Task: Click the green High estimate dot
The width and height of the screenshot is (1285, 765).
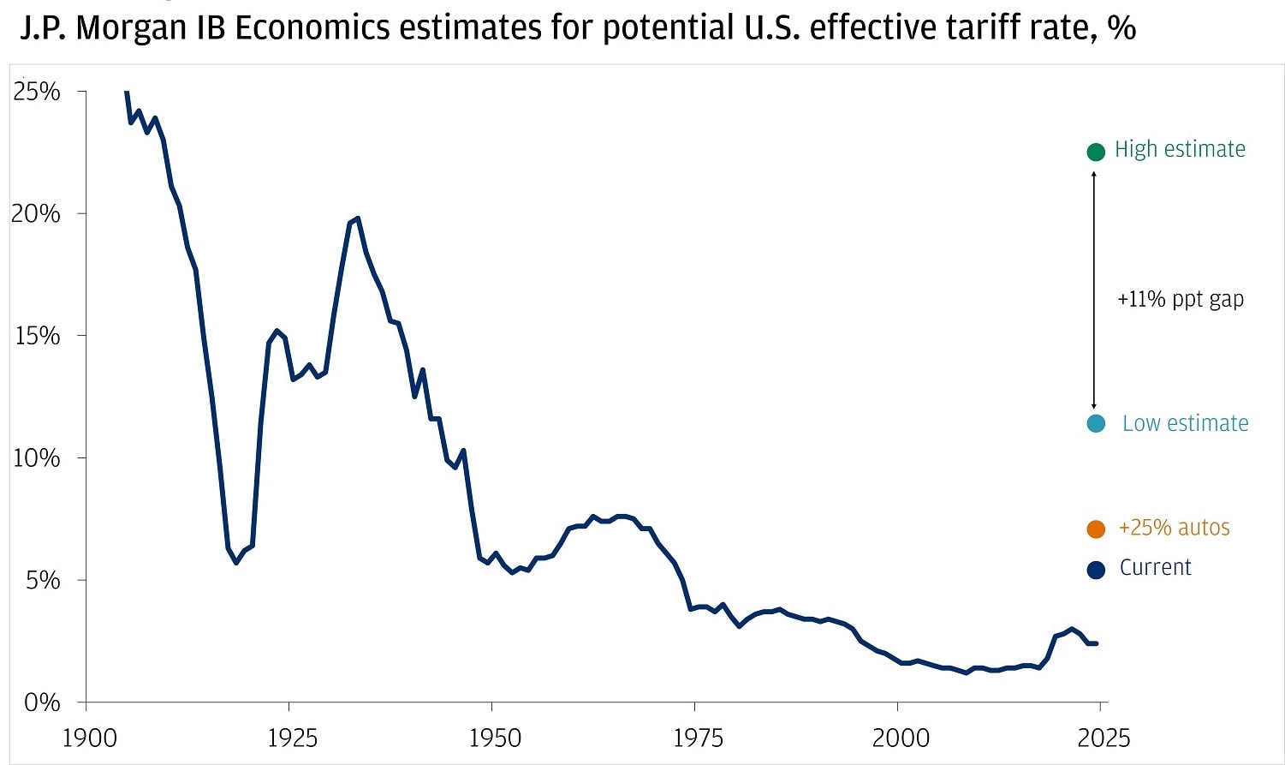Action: pyautogui.click(x=1095, y=152)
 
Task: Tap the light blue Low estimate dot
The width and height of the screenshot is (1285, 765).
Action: pyautogui.click(x=1096, y=423)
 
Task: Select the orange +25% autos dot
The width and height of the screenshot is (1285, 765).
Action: pyautogui.click(x=1096, y=529)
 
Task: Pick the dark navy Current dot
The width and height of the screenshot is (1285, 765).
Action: pyautogui.click(x=1096, y=570)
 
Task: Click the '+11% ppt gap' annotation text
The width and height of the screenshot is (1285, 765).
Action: pyautogui.click(x=1180, y=299)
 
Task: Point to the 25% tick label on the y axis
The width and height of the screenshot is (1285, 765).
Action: pyautogui.click(x=37, y=92)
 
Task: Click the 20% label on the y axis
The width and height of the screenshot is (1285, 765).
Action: pyautogui.click(x=36, y=213)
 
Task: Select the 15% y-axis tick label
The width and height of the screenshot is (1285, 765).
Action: pyautogui.click(x=37, y=336)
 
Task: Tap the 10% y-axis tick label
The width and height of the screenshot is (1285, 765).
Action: pyautogui.click(x=37, y=458)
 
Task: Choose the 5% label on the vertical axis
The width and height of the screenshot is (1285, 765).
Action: pyautogui.click(x=42, y=581)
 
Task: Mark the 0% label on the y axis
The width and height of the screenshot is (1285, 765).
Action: pyautogui.click(x=42, y=703)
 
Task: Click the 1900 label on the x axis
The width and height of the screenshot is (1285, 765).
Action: pyautogui.click(x=89, y=738)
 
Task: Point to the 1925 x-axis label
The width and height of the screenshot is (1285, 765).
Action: pyautogui.click(x=292, y=738)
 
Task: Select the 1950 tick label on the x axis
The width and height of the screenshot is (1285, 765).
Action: pyautogui.click(x=495, y=738)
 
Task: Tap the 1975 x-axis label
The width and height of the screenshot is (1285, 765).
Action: pyautogui.click(x=698, y=738)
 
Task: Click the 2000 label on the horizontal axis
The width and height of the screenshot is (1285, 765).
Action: pyautogui.click(x=901, y=738)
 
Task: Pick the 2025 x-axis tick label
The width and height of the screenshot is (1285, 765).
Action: pyautogui.click(x=1103, y=738)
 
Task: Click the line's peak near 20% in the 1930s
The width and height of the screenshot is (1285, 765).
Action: pyautogui.click(x=357, y=218)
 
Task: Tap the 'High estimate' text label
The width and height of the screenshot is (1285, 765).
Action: pyautogui.click(x=1180, y=149)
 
